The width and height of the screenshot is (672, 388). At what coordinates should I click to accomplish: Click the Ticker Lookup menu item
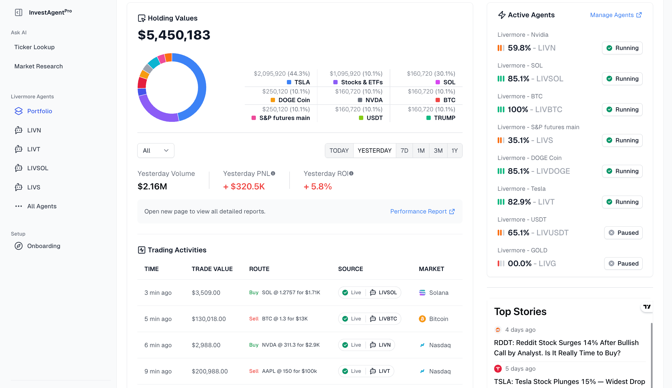(34, 47)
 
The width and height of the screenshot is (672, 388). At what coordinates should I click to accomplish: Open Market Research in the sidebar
(38, 66)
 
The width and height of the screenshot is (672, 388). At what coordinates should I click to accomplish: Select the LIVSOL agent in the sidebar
(38, 168)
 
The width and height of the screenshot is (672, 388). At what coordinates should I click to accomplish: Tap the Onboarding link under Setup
(43, 246)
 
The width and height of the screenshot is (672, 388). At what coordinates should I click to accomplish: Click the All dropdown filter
(156, 150)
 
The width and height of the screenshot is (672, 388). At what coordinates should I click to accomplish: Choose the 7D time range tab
(404, 150)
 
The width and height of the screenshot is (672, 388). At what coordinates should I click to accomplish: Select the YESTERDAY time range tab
(374, 150)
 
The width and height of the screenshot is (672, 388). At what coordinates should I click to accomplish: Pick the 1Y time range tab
(454, 150)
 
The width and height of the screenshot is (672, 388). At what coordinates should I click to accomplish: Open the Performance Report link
(422, 211)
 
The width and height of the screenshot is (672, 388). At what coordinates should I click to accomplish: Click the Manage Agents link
(616, 15)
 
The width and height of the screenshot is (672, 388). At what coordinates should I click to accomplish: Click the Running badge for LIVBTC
(622, 109)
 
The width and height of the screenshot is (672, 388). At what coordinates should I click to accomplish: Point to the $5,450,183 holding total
(174, 35)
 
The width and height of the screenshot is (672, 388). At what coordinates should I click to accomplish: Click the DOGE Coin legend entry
(290, 100)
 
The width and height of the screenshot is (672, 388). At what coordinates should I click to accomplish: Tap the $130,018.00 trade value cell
(209, 319)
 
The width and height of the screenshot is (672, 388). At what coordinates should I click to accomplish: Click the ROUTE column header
(259, 269)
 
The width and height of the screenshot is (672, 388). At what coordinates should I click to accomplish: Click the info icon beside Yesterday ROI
(351, 173)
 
